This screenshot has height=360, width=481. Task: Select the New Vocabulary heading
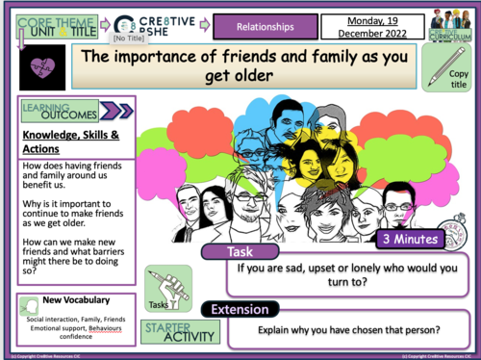76,301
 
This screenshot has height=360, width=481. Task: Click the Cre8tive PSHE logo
154,23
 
